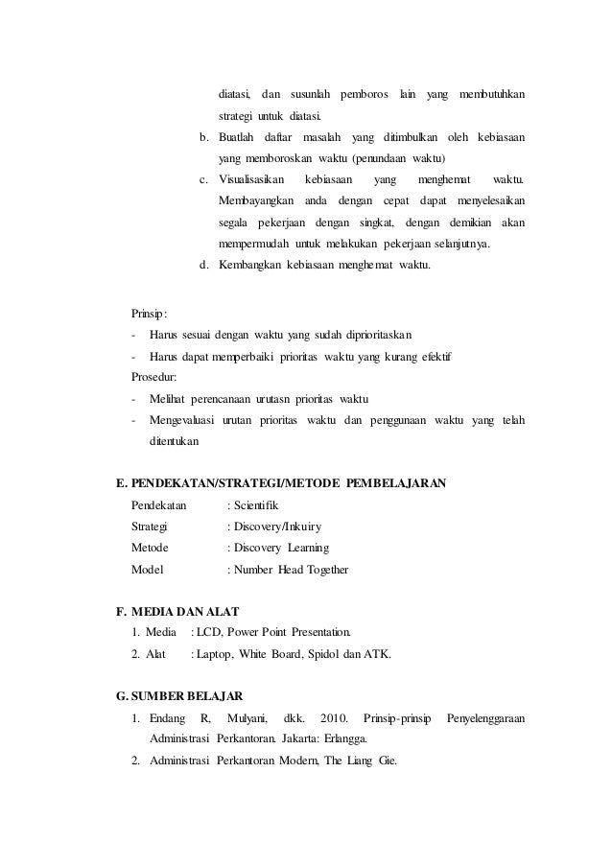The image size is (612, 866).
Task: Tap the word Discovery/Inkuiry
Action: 276,527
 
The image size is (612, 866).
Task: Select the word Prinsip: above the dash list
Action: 149,314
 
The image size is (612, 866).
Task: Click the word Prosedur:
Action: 154,378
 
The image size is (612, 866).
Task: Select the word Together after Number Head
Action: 326,570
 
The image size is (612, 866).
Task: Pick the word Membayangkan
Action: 256,200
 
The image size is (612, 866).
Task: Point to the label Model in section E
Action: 148,570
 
